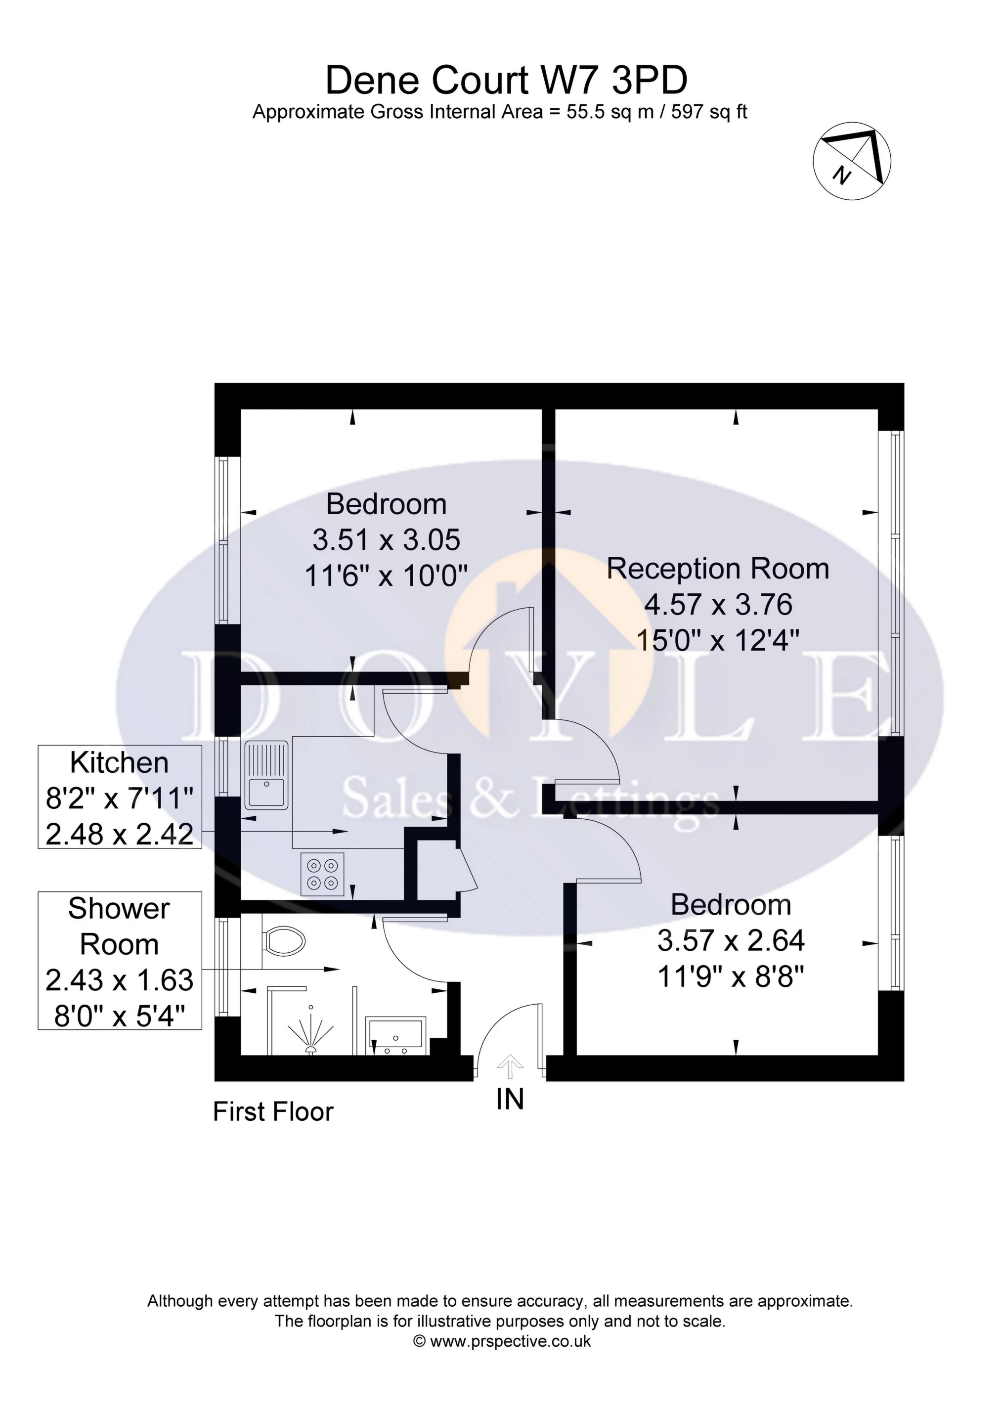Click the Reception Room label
tap(718, 569)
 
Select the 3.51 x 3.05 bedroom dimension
tap(387, 540)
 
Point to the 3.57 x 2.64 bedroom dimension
tap(731, 940)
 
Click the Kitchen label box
tap(120, 797)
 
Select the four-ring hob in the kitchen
tap(323, 874)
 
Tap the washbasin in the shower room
tap(395, 1036)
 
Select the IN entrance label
tap(510, 1099)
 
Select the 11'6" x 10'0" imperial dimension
tap(387, 576)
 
